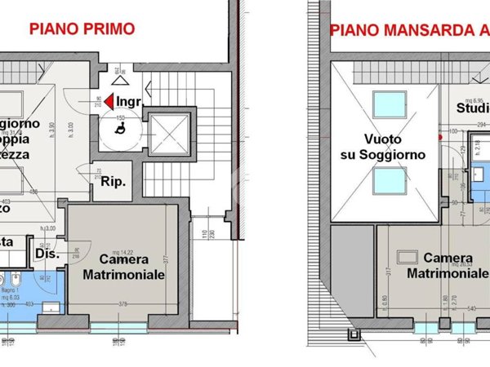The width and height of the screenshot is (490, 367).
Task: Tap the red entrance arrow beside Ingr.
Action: [109, 102]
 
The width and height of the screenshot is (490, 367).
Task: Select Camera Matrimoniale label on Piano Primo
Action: [122, 268]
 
